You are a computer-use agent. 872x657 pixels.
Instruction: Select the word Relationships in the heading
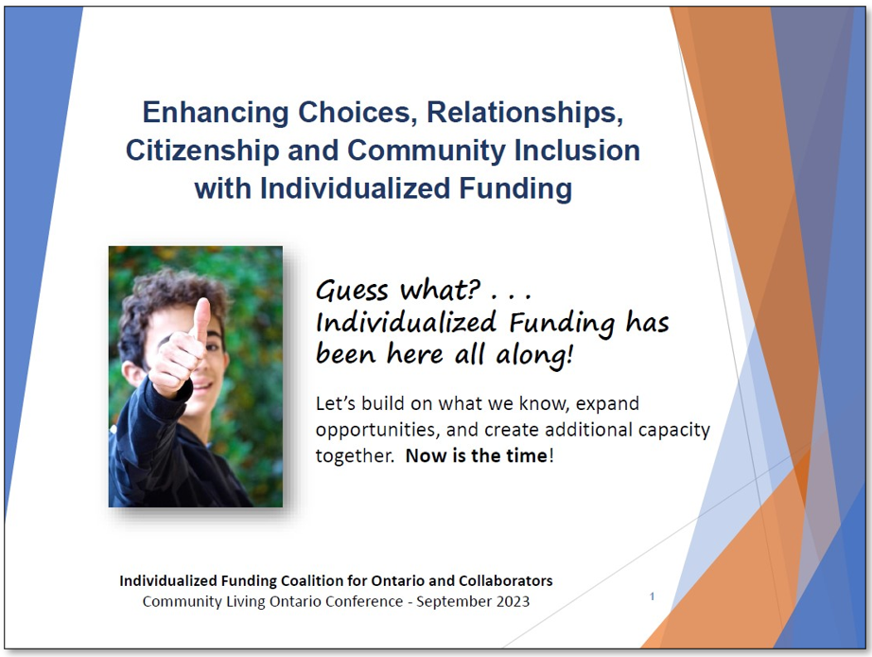(x=525, y=113)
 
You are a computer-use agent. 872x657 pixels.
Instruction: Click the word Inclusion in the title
(x=580, y=150)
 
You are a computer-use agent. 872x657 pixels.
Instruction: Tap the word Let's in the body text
(x=338, y=403)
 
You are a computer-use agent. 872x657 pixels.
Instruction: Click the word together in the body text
(x=356, y=455)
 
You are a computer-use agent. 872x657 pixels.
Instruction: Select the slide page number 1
(x=652, y=596)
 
